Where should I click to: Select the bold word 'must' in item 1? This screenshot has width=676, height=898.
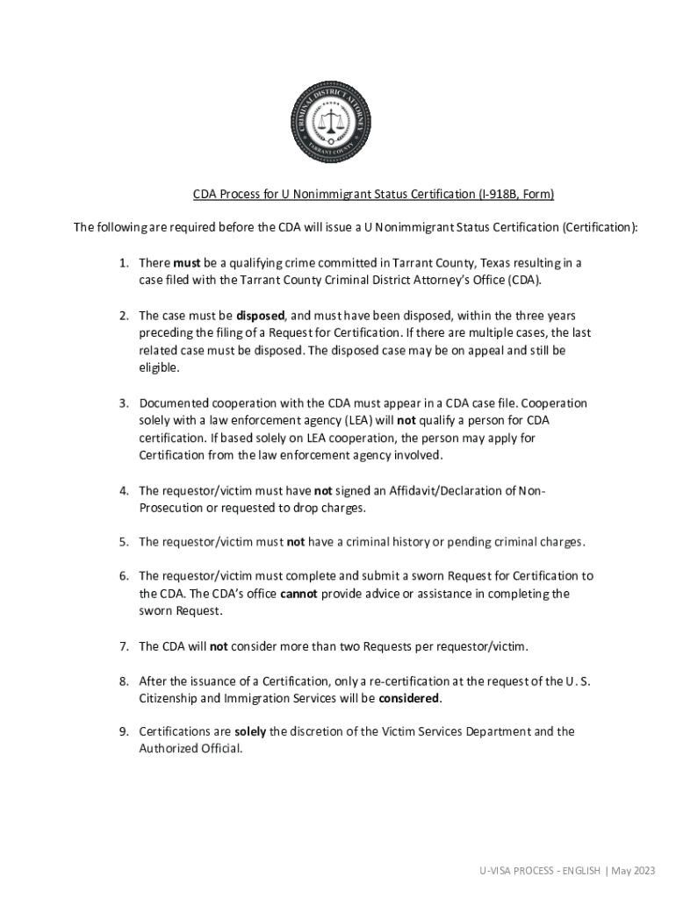(x=187, y=263)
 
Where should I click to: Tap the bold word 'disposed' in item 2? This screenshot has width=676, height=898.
(x=261, y=315)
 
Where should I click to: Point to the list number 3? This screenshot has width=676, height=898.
(x=125, y=403)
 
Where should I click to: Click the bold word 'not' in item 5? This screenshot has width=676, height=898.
(x=296, y=542)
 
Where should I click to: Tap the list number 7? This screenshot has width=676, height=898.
(x=125, y=646)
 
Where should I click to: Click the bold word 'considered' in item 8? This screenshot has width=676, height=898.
(x=409, y=699)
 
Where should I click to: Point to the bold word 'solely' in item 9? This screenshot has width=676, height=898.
(x=250, y=731)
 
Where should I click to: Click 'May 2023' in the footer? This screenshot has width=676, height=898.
(x=633, y=870)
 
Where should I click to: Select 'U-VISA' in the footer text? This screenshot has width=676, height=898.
(x=494, y=870)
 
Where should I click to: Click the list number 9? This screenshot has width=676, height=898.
(x=125, y=731)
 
